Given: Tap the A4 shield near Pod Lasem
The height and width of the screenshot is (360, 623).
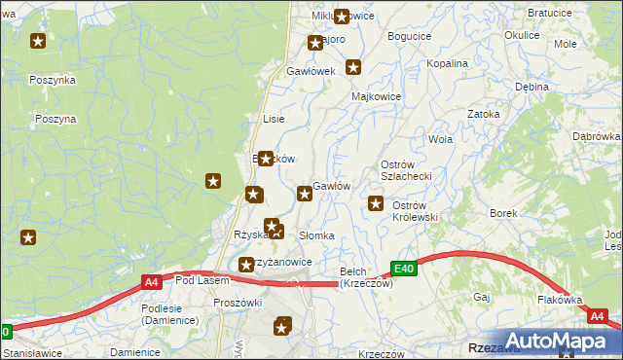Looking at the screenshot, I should pyautogui.click(x=151, y=282).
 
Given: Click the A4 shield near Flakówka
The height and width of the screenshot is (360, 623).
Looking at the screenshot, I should pyautogui.click(x=597, y=316).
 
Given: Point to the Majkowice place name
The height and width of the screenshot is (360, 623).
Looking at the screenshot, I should pyautogui.click(x=377, y=97).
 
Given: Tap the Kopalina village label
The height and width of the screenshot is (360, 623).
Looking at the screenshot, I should pyautogui.click(x=448, y=63).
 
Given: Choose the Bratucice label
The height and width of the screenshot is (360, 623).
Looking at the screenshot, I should pyautogui.click(x=548, y=14).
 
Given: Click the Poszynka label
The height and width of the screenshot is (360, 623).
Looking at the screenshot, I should pyautogui.click(x=53, y=80).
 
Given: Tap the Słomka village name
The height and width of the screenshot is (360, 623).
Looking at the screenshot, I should pyautogui.click(x=316, y=236).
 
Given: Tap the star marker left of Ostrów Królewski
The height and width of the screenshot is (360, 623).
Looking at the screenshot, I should pyautogui.click(x=376, y=203).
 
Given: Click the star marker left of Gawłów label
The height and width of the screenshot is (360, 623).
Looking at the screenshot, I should pyautogui.click(x=305, y=194).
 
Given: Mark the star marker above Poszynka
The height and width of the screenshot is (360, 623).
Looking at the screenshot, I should pyautogui.click(x=38, y=41).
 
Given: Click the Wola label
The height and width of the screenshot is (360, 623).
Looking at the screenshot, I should pyautogui.click(x=441, y=139).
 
